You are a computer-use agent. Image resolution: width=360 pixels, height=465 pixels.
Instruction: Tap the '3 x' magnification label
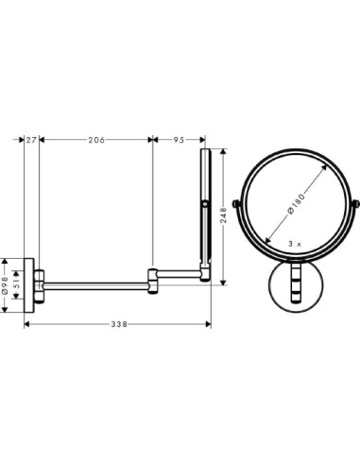294,244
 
